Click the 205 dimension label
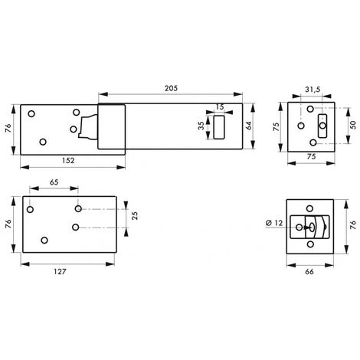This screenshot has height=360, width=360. (171, 88)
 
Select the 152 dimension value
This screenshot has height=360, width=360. (68, 161)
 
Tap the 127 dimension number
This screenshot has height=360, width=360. (60, 272)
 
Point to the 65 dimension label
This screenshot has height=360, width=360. (54, 182)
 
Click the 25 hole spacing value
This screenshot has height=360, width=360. (135, 216)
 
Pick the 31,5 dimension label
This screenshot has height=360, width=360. (313, 90)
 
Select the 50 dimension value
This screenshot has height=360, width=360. (353, 125)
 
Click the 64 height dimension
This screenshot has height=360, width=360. (248, 126)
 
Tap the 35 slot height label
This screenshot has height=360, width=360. (201, 126)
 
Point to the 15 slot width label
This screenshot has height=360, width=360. (220, 106)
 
